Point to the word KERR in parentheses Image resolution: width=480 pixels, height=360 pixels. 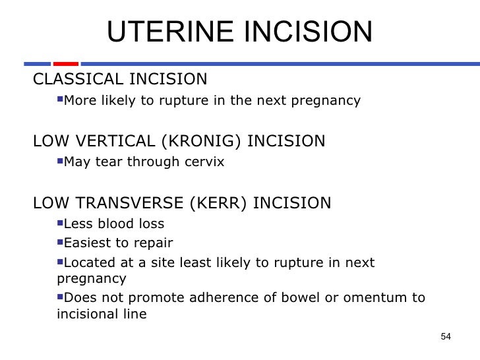[217, 202]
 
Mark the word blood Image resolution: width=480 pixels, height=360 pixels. [116, 223]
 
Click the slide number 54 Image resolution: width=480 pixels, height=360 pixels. [445, 337]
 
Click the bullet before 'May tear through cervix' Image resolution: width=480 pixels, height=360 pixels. [60, 160]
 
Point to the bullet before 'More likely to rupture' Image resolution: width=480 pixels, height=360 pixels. [60, 100]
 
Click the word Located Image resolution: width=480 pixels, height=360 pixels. [89, 263]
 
